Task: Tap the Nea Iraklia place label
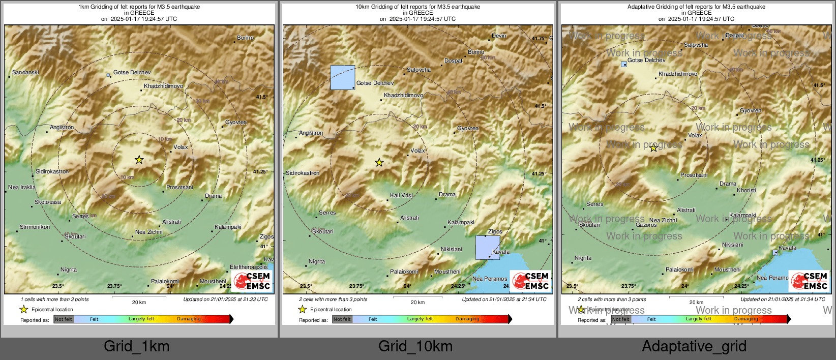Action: click(22, 188)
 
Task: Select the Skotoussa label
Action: click(47, 202)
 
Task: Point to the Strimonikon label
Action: click(35, 227)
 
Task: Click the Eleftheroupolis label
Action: click(249, 267)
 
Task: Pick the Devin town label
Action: click(499, 36)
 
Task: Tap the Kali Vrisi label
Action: click(401, 196)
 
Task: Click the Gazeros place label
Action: click(646, 225)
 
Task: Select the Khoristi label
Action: click(746, 191)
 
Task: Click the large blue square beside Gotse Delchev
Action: click(342, 77)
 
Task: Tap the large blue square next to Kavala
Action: click(487, 248)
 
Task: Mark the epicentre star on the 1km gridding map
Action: click(139, 160)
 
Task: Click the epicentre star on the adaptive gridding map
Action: click(653, 148)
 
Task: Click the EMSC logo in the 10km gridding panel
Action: click(531, 281)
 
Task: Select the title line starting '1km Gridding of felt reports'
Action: click(139, 7)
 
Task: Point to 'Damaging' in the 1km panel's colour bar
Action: click(189, 319)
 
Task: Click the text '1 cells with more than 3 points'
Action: click(55, 299)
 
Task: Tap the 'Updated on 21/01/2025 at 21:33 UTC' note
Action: click(225, 299)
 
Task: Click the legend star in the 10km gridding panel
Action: click(302, 309)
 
